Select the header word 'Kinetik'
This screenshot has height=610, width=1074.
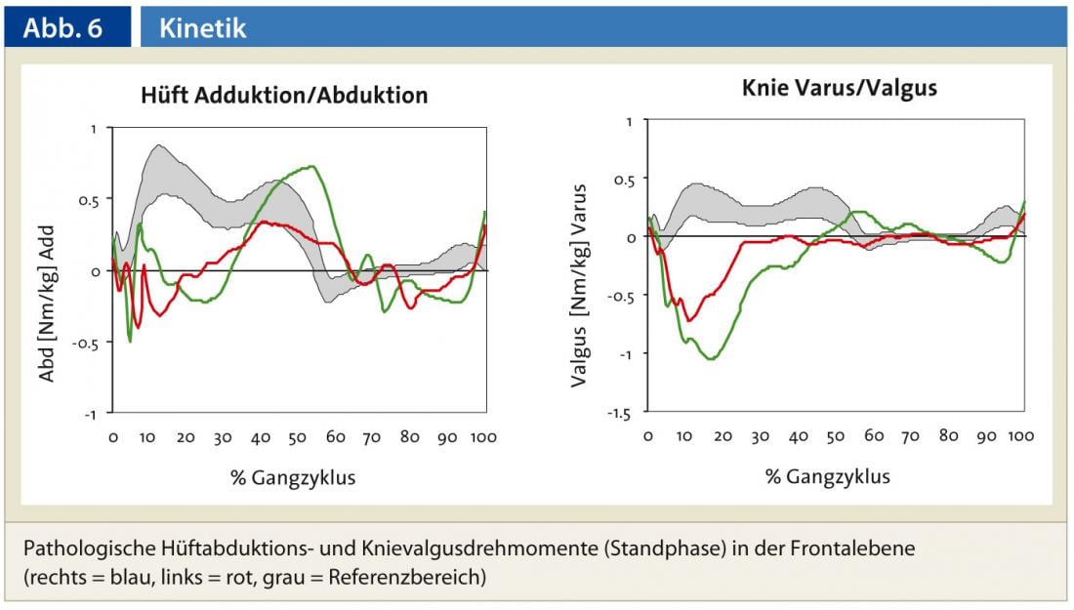point(203,28)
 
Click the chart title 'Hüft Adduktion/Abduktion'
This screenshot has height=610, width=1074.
point(284,96)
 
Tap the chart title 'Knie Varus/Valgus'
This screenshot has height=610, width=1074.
point(839,88)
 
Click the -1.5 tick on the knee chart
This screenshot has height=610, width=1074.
point(621,414)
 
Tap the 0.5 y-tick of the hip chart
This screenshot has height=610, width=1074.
point(89,199)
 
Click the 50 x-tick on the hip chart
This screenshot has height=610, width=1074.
point(299,437)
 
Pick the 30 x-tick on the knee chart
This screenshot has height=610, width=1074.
point(760,436)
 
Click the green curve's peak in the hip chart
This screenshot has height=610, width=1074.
point(310,166)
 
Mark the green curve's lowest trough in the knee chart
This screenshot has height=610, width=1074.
point(710,359)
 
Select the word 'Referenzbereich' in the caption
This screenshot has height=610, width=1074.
point(422,576)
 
